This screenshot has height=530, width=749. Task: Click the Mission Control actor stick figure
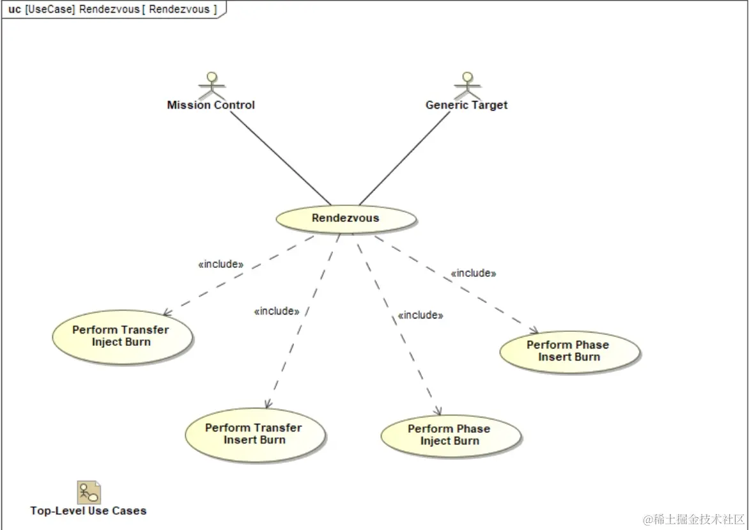(x=210, y=86)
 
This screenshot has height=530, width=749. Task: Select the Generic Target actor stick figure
(x=467, y=86)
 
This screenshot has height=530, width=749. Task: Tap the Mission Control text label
(x=210, y=105)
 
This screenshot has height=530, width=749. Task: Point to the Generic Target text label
(x=467, y=105)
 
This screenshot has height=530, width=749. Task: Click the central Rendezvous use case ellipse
(x=346, y=219)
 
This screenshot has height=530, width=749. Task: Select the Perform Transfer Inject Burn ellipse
(x=121, y=336)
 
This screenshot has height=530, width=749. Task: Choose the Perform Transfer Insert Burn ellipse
(x=254, y=434)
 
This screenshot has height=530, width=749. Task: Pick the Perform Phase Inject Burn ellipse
(x=450, y=435)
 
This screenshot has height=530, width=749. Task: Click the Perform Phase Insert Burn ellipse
(x=569, y=351)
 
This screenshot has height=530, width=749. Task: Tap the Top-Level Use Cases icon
(x=89, y=492)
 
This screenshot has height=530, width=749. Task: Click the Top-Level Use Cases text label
(x=88, y=511)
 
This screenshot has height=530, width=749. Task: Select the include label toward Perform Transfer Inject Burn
(x=221, y=264)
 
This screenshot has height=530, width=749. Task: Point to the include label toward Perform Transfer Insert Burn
(x=277, y=311)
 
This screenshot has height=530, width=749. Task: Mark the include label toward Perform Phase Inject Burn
(x=420, y=315)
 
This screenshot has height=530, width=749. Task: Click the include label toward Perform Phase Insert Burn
(x=474, y=273)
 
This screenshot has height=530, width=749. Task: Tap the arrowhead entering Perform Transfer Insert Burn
(x=268, y=404)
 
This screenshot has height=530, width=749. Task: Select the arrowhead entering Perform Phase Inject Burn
(x=438, y=411)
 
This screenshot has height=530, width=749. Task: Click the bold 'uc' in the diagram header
(x=14, y=9)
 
